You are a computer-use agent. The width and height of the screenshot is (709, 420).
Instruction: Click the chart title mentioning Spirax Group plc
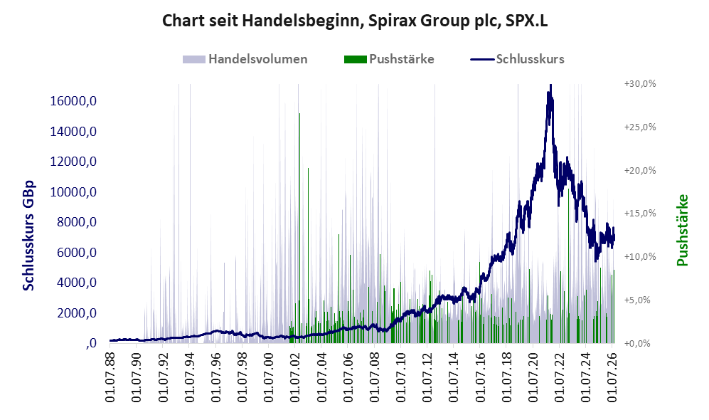click(x=355, y=21)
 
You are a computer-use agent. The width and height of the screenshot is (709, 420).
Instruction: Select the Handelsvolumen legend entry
click(x=245, y=59)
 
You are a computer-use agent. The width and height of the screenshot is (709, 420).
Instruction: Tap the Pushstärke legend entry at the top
click(x=389, y=59)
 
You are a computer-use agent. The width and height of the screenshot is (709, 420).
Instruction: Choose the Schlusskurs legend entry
click(x=517, y=59)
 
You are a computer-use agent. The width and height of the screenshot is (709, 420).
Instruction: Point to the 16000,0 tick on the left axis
click(x=74, y=101)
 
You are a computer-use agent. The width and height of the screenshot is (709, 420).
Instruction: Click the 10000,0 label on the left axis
click(x=74, y=192)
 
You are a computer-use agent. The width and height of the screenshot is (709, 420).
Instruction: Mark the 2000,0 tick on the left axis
click(x=77, y=313)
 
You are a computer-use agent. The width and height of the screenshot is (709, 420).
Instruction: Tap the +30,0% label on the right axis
click(x=640, y=84)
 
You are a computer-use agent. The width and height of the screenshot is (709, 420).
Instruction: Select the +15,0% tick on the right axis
click(x=640, y=213)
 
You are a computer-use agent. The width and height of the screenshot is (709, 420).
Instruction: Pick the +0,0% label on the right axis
click(x=637, y=343)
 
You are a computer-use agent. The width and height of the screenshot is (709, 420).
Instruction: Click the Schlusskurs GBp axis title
click(x=28, y=236)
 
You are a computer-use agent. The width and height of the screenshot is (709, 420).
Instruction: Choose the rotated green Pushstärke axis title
click(x=682, y=230)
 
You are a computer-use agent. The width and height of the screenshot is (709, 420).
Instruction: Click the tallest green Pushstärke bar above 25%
click(x=299, y=228)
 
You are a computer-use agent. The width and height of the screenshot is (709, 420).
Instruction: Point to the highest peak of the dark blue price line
click(x=550, y=86)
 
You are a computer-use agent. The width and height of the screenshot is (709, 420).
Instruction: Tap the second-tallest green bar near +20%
click(x=309, y=256)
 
